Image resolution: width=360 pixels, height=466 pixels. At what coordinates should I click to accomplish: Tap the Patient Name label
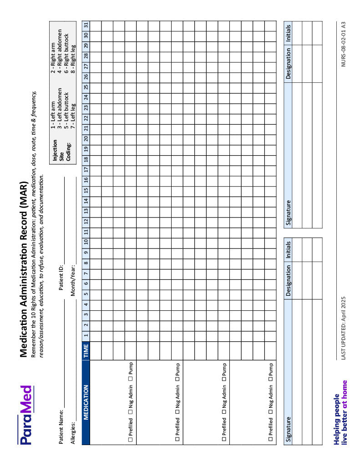click(61, 420)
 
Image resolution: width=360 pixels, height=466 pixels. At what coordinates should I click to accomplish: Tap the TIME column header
click(86, 350)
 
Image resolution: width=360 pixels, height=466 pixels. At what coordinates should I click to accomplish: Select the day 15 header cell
click(86, 190)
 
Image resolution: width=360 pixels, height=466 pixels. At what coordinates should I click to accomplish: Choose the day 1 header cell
click(86, 335)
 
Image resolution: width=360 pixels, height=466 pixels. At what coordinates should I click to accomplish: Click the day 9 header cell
click(86, 252)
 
